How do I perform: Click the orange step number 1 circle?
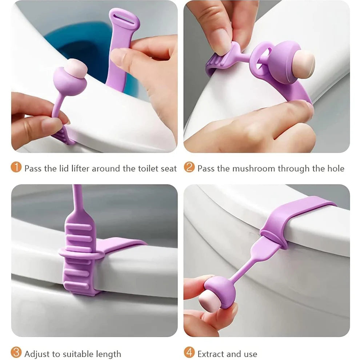[x=16, y=168]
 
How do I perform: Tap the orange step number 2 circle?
[x=189, y=168]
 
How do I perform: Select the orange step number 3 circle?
[x=16, y=353]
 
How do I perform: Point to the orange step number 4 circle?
[x=189, y=353]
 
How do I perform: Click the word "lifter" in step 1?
[x=80, y=168]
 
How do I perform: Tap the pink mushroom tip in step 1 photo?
[x=76, y=66]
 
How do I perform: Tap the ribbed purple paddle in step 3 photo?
[x=80, y=255]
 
